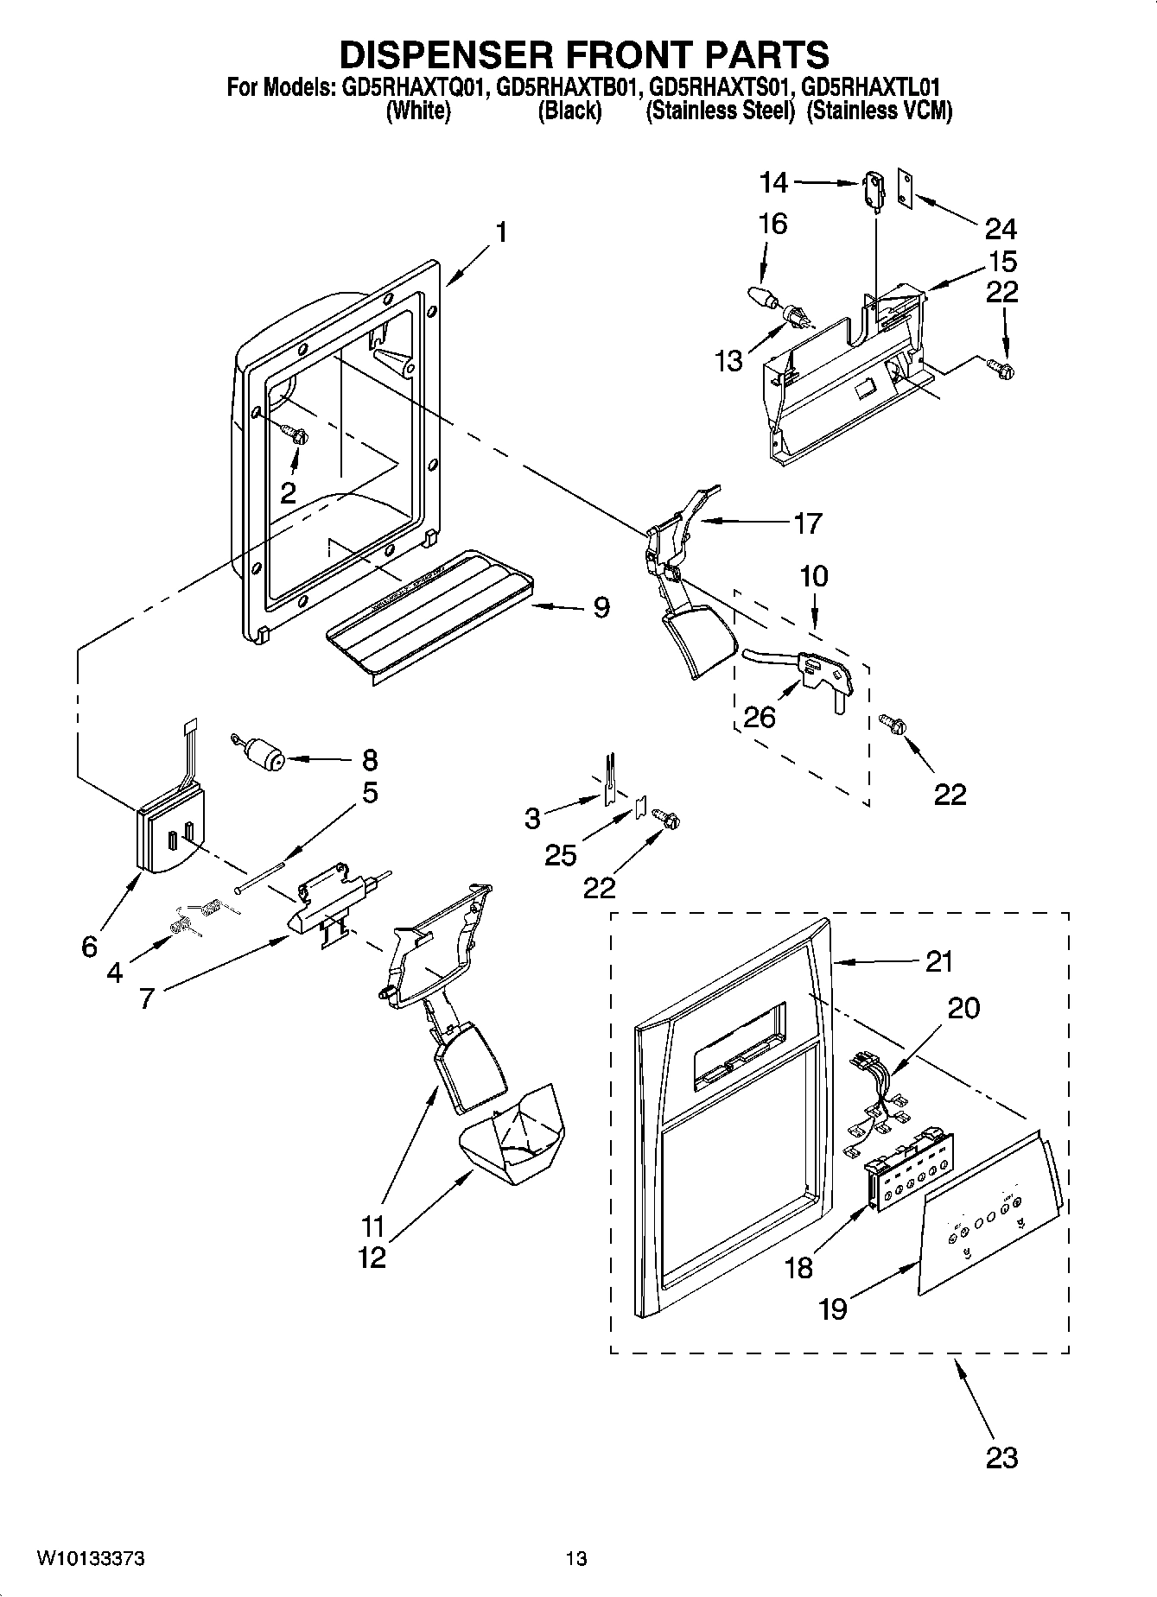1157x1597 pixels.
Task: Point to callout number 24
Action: click(x=1001, y=229)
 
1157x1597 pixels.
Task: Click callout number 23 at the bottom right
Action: click(x=1001, y=1458)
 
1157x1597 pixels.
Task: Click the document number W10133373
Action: click(x=90, y=1559)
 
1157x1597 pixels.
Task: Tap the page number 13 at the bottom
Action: click(x=576, y=1559)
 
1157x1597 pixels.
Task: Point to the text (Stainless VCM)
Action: click(x=879, y=111)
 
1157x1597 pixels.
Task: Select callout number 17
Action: click(x=808, y=523)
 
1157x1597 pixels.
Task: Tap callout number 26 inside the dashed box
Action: click(x=760, y=717)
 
